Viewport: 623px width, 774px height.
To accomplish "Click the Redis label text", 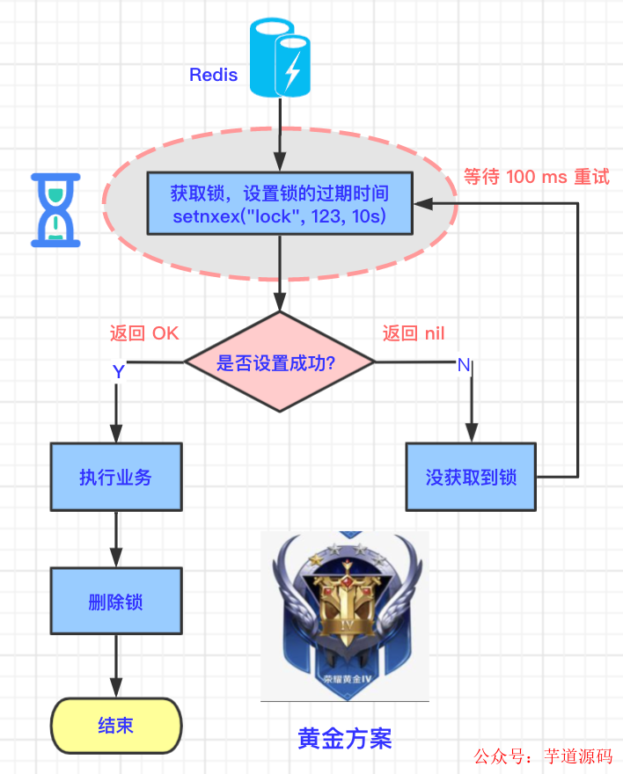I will coord(214,75).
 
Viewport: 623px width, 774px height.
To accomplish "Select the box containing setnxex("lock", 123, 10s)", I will coord(279,203).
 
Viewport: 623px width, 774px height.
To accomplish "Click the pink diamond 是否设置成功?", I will coord(279,361).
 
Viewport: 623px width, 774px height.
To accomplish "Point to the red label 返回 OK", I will coord(144,333).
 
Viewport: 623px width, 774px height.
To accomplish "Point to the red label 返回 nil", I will coord(413,333).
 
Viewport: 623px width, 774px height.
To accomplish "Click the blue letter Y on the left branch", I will coord(119,371).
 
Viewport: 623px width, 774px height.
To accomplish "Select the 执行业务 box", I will coord(116,477).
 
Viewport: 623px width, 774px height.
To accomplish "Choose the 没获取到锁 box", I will coord(471,477).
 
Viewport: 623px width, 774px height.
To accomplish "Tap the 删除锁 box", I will coord(116,602).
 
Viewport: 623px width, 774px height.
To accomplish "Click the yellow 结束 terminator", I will coord(116,727).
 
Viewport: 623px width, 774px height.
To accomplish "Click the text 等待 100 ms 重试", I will coord(536,177).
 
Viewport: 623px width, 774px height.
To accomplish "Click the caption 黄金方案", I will coord(345,737).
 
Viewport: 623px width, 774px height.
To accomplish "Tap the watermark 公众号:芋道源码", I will coord(543,756).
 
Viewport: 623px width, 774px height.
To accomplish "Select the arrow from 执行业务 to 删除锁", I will coord(116,539).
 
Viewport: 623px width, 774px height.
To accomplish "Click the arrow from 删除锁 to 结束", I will coord(116,667).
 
